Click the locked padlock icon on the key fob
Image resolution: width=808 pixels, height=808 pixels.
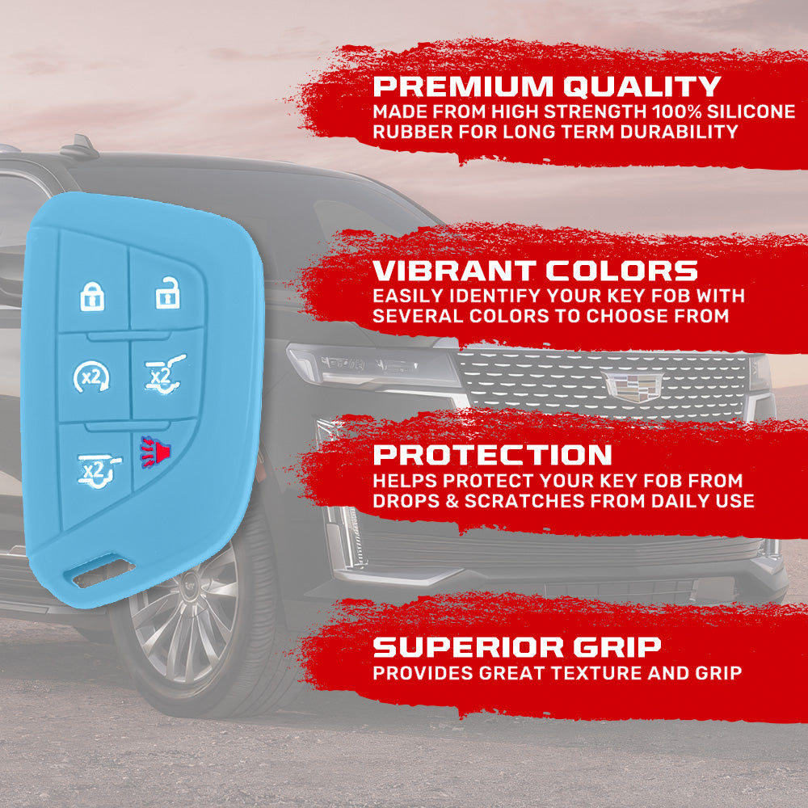click(x=92, y=297)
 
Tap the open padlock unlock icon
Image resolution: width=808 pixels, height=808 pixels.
click(x=167, y=292)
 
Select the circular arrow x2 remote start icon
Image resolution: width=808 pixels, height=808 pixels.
click(x=91, y=377)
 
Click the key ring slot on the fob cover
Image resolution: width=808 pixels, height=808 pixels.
click(x=103, y=572)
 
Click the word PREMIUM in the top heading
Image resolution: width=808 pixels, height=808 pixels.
click(x=463, y=86)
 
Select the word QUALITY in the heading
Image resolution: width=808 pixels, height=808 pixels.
click(x=642, y=86)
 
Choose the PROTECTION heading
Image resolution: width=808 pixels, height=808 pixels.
click(x=492, y=455)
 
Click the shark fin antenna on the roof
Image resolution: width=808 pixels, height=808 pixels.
click(x=79, y=147)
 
